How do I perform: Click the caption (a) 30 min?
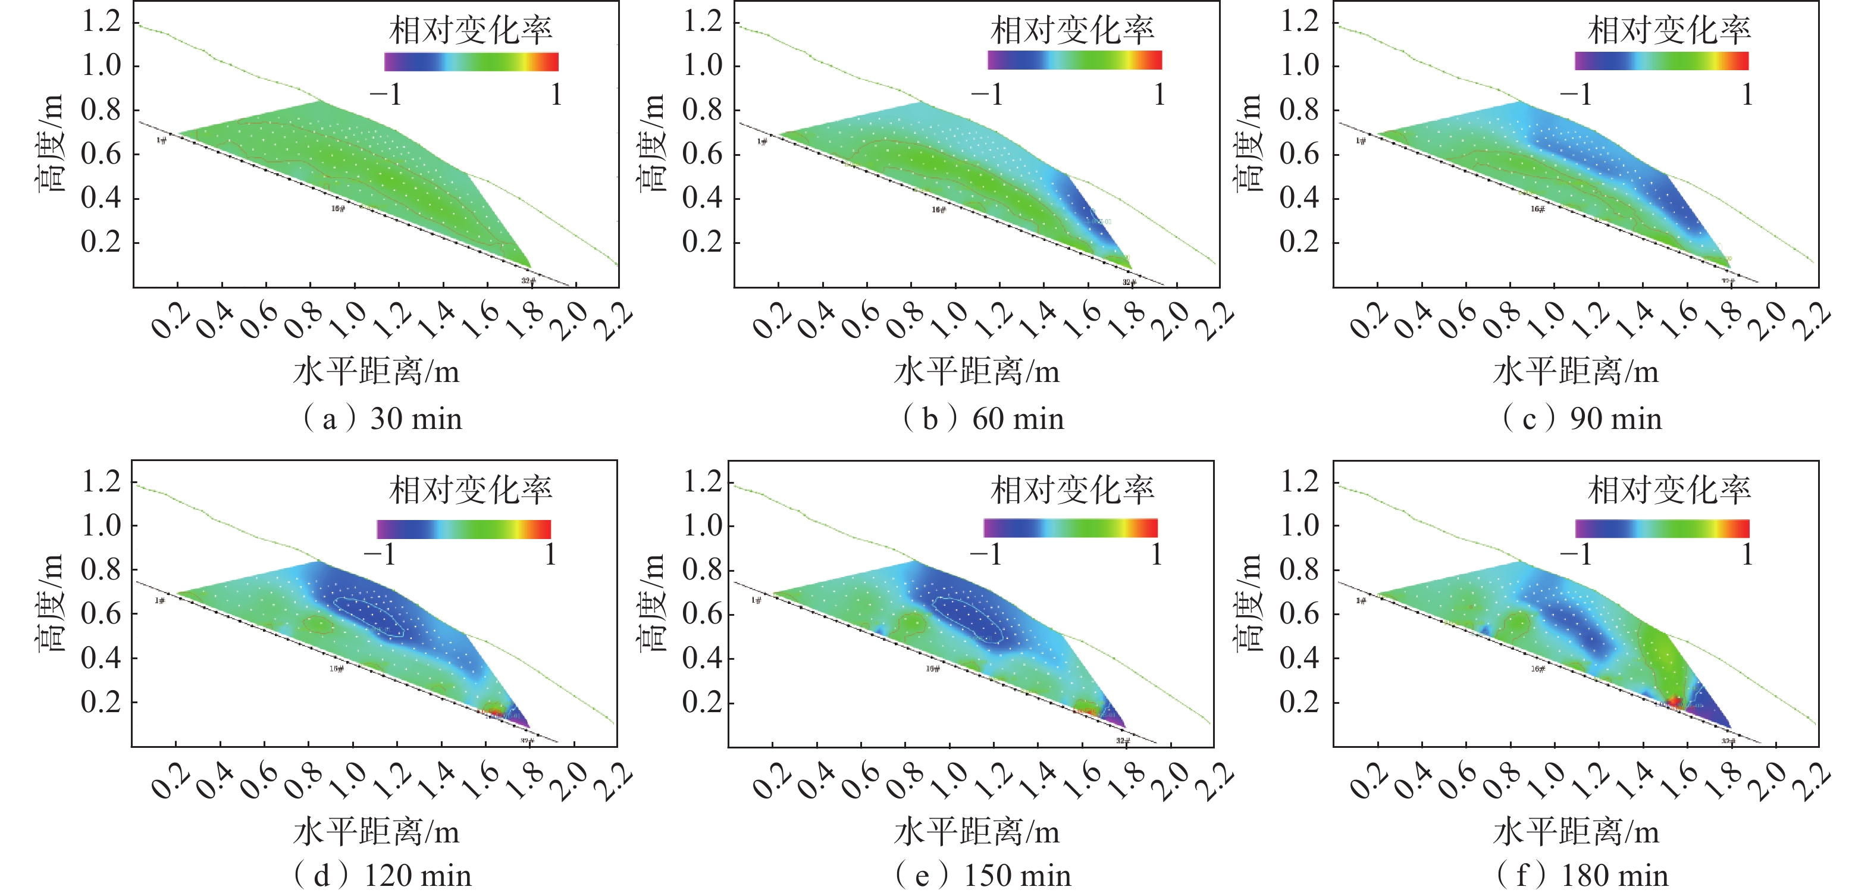pos(382,419)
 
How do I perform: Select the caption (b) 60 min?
pos(983,419)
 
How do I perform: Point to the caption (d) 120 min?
pos(382,876)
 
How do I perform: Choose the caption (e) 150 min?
pos(983,876)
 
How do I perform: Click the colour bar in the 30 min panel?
pos(471,62)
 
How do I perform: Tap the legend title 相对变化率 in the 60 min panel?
pos(1071,30)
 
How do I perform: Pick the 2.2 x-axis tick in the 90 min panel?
pos(1812,320)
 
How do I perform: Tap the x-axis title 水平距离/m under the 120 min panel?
pos(376,832)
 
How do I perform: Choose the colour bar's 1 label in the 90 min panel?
pos(1747,95)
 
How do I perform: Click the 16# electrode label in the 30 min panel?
pos(337,209)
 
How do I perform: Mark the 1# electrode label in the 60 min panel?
pos(761,141)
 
